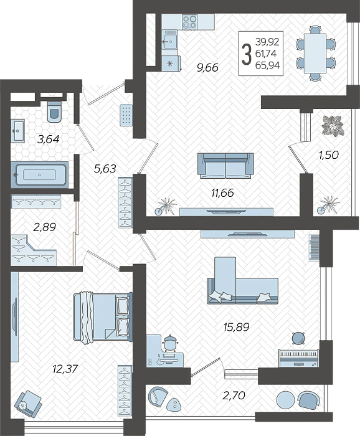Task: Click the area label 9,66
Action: tap(207, 68)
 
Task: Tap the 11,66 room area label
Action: tap(222, 192)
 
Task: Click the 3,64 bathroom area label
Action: tap(48, 140)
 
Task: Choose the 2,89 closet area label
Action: tap(44, 227)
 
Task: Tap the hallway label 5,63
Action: tap(105, 168)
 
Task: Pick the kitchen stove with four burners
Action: tap(190, 22)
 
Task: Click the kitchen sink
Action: tap(170, 42)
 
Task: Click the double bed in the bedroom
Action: tap(103, 317)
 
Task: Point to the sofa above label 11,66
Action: tap(225, 165)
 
